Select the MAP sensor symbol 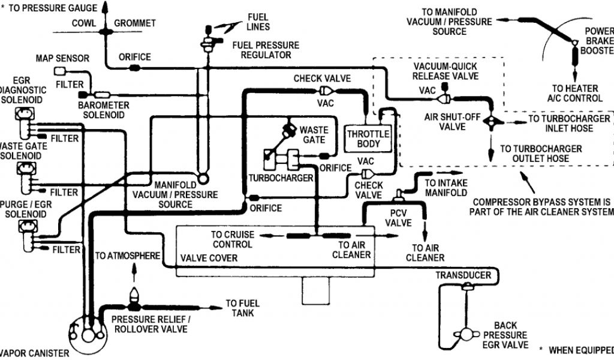(x=59, y=71)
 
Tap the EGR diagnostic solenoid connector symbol (x=24, y=113)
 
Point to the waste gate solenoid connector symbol (x=26, y=169)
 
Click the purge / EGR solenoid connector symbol (x=28, y=226)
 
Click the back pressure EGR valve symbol (x=466, y=334)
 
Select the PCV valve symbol (x=399, y=195)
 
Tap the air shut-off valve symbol (x=493, y=121)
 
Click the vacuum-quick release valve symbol (x=444, y=98)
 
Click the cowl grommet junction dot (x=106, y=32)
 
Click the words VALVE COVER (x=209, y=258)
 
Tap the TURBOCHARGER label (x=281, y=178)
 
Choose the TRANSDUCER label (x=463, y=275)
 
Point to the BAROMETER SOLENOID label (x=103, y=110)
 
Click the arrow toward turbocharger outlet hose (x=490, y=147)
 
